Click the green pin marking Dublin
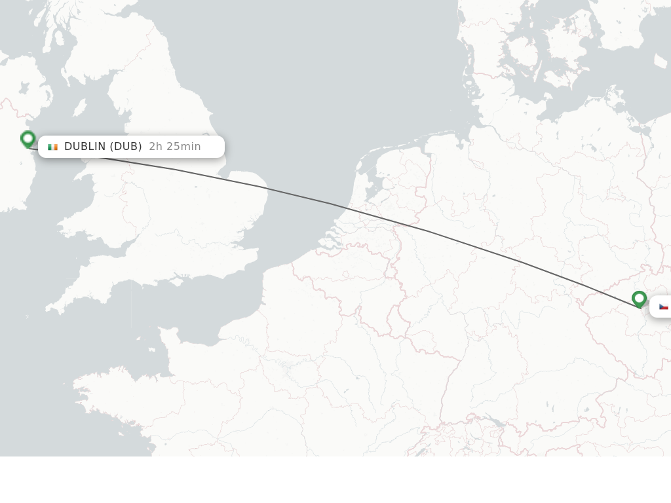pyautogui.click(x=28, y=139)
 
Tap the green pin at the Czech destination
pyautogui.click(x=639, y=299)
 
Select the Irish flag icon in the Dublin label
pyautogui.click(x=52, y=147)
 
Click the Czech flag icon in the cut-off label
pyautogui.click(x=663, y=307)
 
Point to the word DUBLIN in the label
pyautogui.click(x=85, y=146)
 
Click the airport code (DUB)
pyautogui.click(x=126, y=146)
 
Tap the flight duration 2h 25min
pyautogui.click(x=175, y=146)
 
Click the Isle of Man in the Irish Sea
pyautogui.click(x=79, y=107)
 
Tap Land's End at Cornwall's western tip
pyautogui.click(x=47, y=307)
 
